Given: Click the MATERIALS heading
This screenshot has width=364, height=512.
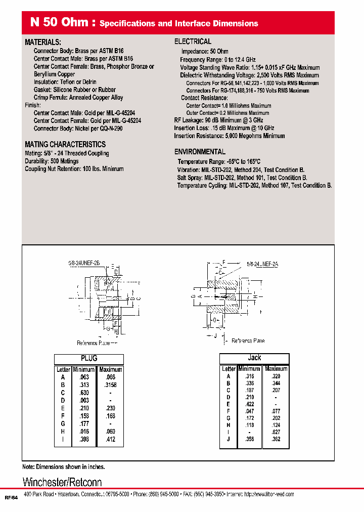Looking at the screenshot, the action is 43,42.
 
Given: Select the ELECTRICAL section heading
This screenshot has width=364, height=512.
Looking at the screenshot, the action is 193,41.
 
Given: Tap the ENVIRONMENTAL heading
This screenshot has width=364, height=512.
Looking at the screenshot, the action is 200,152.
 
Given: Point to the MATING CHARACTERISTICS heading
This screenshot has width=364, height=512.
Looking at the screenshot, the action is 65,145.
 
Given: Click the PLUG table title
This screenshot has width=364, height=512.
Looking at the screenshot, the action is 89,358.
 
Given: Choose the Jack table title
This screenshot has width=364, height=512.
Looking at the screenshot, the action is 254,358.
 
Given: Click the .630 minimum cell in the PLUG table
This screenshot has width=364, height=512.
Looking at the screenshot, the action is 84,393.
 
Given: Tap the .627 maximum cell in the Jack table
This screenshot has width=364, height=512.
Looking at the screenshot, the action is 276,432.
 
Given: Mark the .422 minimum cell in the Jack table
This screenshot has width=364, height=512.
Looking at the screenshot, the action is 249,404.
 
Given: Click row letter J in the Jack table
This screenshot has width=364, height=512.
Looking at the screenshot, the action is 229,439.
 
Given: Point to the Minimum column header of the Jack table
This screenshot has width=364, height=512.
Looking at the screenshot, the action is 249,369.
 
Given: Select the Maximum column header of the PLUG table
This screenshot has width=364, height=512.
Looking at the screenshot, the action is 111,369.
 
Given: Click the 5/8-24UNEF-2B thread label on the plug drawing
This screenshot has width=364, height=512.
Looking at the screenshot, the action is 84,264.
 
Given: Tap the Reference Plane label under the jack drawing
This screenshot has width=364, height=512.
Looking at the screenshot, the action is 248,341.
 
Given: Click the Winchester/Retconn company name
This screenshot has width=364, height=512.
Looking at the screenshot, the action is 62,482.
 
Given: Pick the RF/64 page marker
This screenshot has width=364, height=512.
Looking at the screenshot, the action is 11,498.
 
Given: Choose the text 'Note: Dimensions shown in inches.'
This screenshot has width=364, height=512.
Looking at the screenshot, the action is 64,467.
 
